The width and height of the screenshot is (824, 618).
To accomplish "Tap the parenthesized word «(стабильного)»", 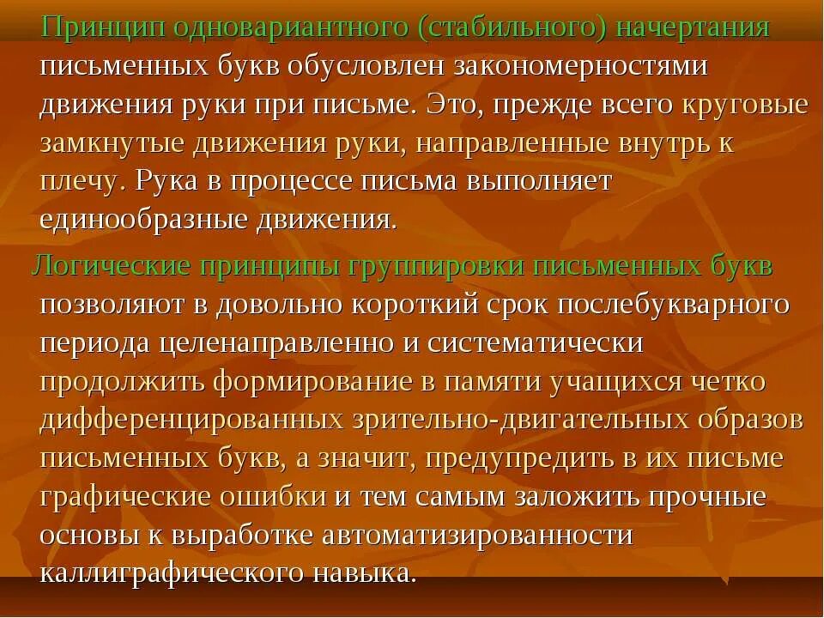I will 513,27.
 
